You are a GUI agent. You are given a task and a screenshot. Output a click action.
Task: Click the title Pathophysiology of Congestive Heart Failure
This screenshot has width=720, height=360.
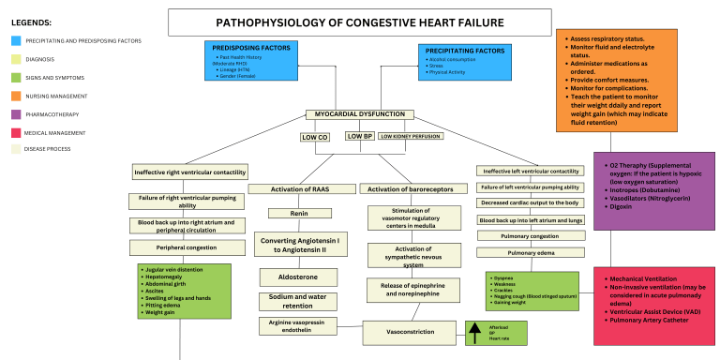[359, 22]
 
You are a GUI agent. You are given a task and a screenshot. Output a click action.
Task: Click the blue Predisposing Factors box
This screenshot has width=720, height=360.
[242, 61]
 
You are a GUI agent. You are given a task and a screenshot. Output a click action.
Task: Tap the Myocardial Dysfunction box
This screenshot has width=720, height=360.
[359, 114]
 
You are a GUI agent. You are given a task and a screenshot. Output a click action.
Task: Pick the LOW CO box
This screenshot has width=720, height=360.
[314, 137]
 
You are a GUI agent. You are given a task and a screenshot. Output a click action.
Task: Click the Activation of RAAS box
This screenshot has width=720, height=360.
[299, 188]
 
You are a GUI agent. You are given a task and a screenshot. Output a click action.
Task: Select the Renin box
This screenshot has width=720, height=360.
[299, 214]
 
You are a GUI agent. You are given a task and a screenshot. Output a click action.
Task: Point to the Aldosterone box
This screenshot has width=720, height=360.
[299, 278]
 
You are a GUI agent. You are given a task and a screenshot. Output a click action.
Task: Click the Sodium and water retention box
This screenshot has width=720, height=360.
[299, 302]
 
